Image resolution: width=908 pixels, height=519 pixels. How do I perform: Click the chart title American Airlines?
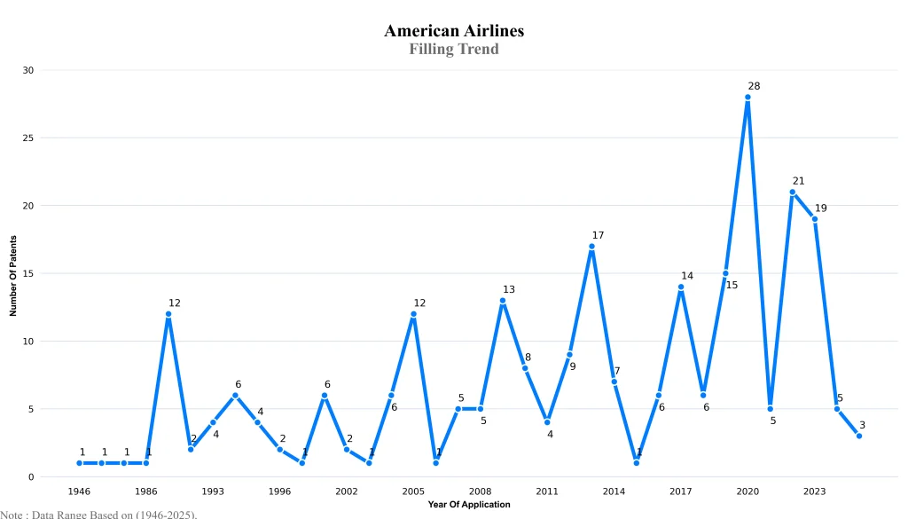pyautogui.click(x=454, y=31)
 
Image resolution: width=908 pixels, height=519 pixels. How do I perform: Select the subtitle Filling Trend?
pyautogui.click(x=454, y=50)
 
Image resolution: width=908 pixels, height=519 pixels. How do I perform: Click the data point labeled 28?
pyautogui.click(x=748, y=98)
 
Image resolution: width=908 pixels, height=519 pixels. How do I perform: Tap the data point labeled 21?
pyautogui.click(x=792, y=193)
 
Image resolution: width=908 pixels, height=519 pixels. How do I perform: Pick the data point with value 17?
pyautogui.click(x=591, y=247)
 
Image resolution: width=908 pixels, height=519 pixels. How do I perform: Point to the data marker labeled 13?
pyautogui.click(x=503, y=301)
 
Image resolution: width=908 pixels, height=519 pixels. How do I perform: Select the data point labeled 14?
pyautogui.click(x=681, y=287)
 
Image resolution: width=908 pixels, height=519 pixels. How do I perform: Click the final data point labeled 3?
pyautogui.click(x=859, y=436)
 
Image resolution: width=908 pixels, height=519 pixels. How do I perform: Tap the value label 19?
pyautogui.click(x=820, y=208)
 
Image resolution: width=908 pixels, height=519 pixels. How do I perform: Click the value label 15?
pyautogui.click(x=732, y=285)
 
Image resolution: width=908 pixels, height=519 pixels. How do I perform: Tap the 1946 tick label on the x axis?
pyautogui.click(x=79, y=491)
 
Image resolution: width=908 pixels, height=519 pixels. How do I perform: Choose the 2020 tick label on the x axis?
pyautogui.click(x=748, y=491)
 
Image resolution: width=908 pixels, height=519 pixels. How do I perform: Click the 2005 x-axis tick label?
pyautogui.click(x=413, y=491)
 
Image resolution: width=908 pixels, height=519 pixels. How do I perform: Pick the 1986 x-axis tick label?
pyautogui.click(x=146, y=491)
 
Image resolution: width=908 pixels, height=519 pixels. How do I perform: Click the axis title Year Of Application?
pyautogui.click(x=469, y=505)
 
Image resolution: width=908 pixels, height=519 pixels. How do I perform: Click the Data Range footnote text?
pyautogui.click(x=98, y=514)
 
